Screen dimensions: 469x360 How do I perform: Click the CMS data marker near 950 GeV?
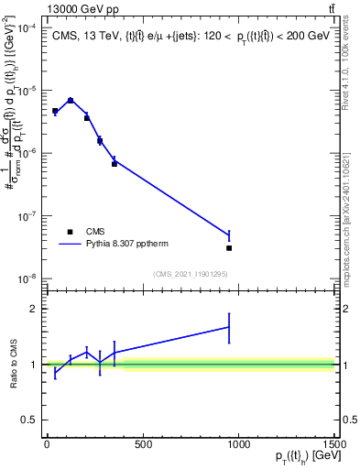click(229, 247)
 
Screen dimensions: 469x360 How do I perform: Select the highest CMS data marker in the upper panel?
click(71, 101)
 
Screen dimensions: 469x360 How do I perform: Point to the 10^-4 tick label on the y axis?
click(26, 28)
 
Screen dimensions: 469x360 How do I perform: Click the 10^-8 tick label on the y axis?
click(26, 278)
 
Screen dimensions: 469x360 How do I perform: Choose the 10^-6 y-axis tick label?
click(26, 154)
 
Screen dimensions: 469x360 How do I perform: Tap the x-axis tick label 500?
click(142, 445)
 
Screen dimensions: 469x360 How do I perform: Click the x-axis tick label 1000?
click(238, 445)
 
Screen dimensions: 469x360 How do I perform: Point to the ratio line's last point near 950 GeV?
click(229, 327)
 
